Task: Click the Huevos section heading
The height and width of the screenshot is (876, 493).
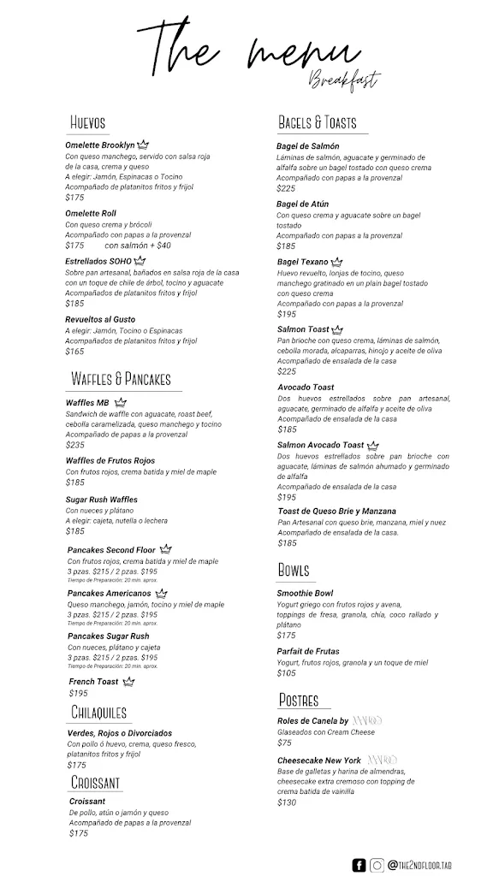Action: [x=88, y=123]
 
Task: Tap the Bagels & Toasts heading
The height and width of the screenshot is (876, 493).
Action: [x=317, y=123]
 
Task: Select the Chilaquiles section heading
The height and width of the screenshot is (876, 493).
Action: [x=99, y=713]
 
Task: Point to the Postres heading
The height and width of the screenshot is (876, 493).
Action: [x=299, y=700]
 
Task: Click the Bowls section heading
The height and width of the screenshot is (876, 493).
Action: [x=294, y=570]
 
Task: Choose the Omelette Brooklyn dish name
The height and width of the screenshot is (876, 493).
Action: [x=100, y=145]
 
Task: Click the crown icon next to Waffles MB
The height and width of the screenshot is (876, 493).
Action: [x=121, y=402]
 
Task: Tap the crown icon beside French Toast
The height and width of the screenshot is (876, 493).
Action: [x=128, y=681]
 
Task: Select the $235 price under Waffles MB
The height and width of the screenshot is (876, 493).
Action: [x=75, y=445]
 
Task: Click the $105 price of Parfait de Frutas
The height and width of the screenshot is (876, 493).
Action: [x=287, y=672]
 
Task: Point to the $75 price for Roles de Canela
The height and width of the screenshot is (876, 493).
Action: [x=284, y=743]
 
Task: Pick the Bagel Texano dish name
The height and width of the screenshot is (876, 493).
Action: [x=303, y=262]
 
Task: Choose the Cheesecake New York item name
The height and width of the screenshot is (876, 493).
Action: [x=319, y=760]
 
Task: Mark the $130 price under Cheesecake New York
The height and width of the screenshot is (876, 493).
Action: [x=287, y=802]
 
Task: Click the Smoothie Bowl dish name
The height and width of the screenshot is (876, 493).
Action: [x=305, y=593]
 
